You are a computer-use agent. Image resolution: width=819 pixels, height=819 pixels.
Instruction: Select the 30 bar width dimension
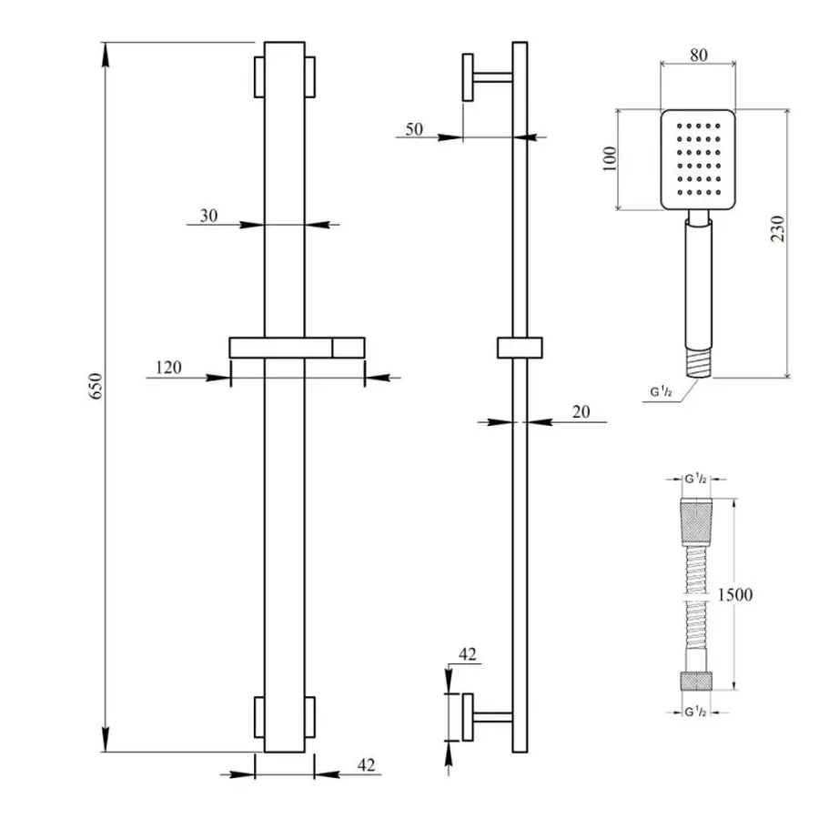(208, 216)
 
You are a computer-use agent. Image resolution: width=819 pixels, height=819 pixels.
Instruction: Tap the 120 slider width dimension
(169, 368)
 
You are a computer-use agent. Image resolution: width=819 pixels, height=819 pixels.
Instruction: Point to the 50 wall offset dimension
(413, 129)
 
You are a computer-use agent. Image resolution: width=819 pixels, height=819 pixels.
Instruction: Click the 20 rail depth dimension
(581, 412)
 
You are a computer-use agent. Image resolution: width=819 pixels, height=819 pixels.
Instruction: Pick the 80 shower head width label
(698, 54)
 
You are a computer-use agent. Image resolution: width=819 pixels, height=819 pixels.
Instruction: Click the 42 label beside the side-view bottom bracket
(468, 653)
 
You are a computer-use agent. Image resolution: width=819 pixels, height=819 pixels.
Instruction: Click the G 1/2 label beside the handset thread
(662, 393)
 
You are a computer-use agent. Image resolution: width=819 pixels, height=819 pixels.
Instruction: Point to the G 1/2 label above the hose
(696, 479)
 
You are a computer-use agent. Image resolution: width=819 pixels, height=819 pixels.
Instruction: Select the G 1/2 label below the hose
(696, 711)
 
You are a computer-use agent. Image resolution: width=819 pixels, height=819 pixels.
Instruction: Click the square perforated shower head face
(696, 159)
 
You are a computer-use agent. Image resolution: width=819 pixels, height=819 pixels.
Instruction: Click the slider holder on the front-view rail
(297, 348)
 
